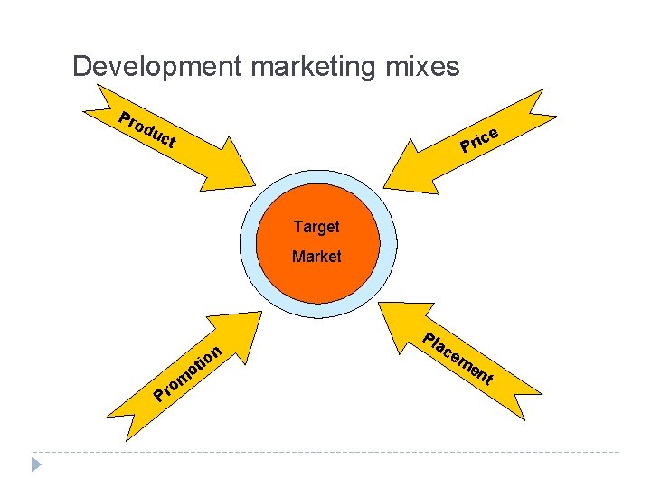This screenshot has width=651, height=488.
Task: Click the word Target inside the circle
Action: point(316,226)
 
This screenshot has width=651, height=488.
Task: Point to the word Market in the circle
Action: point(316,257)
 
